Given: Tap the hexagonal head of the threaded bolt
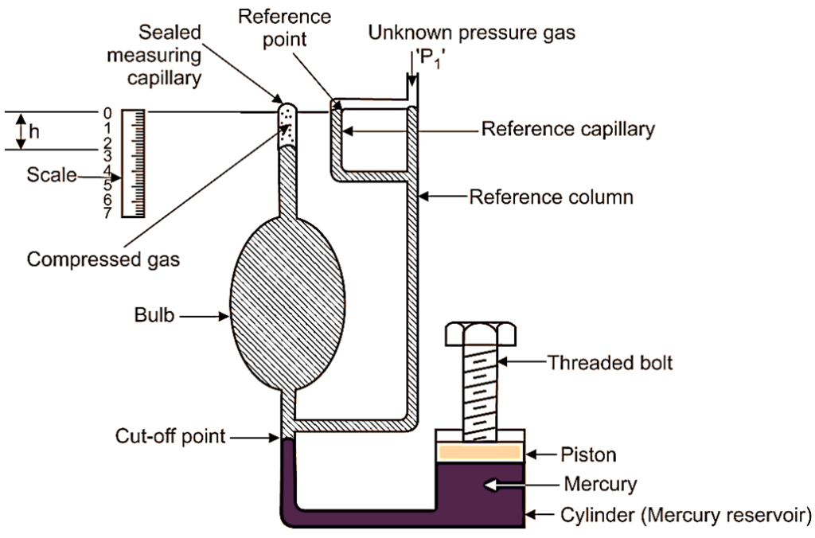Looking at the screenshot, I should (478, 335).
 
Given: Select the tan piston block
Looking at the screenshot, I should (479, 451).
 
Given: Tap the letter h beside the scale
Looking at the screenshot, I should (33, 131).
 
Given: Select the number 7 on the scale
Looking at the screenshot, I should (106, 212).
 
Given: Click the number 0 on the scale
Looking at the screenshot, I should (106, 113).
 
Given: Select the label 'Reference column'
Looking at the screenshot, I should (552, 196).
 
